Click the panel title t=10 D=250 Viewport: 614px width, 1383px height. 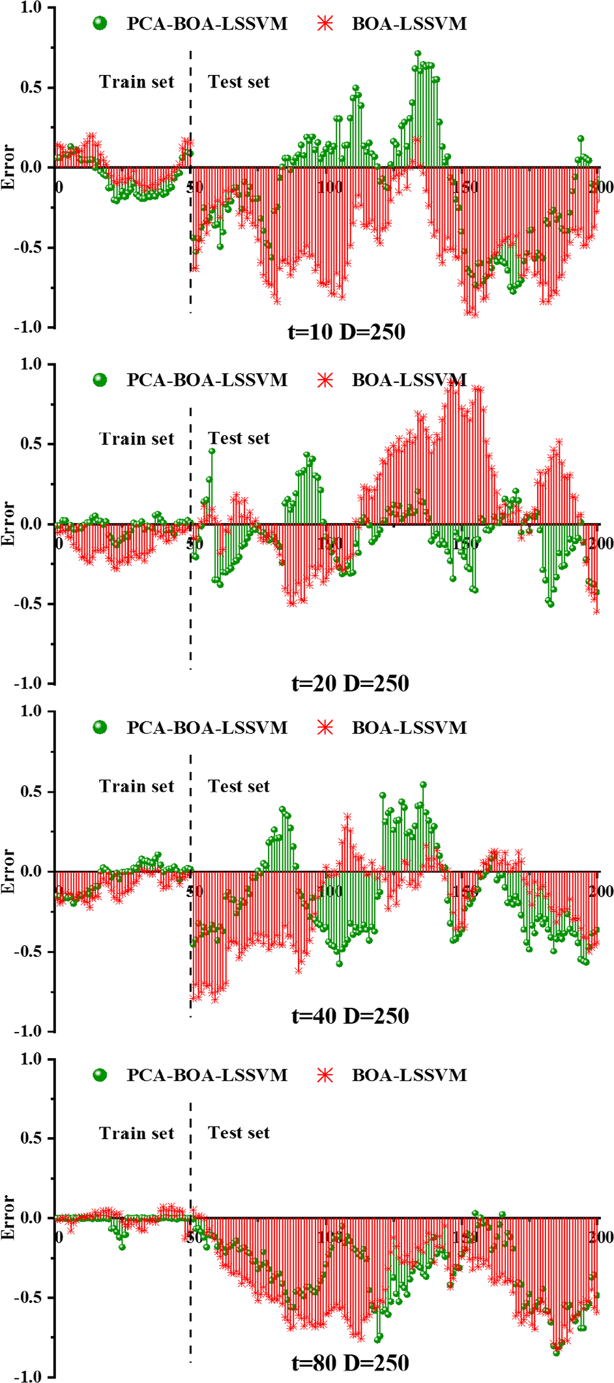click(x=346, y=332)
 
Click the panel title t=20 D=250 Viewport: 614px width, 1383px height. click(x=350, y=684)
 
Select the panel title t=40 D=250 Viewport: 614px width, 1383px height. click(x=350, y=1016)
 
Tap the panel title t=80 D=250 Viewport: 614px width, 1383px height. click(x=350, y=1363)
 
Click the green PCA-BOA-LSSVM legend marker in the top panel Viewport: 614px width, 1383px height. click(x=100, y=23)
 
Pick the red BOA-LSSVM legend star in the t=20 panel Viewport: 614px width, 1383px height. click(x=325, y=380)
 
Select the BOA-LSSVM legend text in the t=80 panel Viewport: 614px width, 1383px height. click(x=409, y=1075)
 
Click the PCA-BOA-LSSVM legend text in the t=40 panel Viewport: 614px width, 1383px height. click(x=207, y=727)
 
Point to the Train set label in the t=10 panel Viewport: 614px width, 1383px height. click(x=136, y=82)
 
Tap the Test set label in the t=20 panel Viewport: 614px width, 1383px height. click(x=239, y=438)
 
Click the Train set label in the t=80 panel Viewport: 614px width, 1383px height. click(x=136, y=1133)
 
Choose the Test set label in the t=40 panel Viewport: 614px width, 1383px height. click(x=239, y=786)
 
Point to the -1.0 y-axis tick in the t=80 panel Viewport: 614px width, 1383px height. click(x=28, y=1376)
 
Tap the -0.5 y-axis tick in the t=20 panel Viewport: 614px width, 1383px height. click(x=28, y=604)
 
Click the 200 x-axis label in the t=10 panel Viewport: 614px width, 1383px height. click(x=600, y=188)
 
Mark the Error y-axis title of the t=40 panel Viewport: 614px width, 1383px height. click(x=8, y=871)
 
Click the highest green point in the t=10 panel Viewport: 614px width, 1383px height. click(x=418, y=53)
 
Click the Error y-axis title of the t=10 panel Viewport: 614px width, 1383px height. click(x=8, y=167)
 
